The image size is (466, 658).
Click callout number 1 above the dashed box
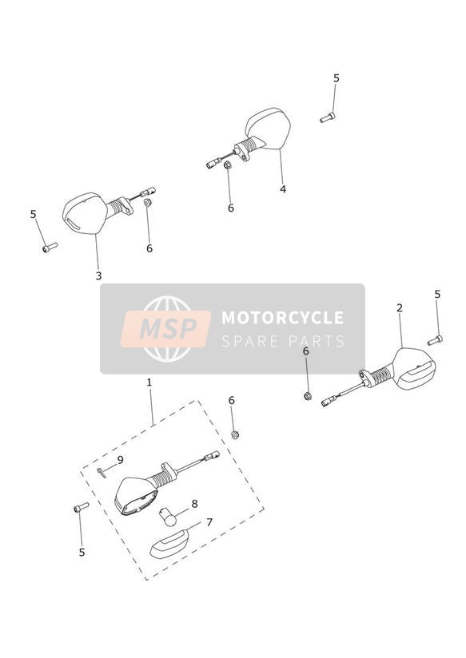pyautogui.click(x=149, y=383)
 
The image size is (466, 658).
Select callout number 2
pyautogui.click(x=400, y=308)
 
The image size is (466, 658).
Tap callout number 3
pyautogui.click(x=98, y=275)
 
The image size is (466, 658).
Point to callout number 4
pyautogui.click(x=283, y=189)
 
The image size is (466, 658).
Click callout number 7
pyautogui.click(x=209, y=522)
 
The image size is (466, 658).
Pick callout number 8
pyautogui.click(x=194, y=504)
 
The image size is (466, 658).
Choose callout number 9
pyautogui.click(x=120, y=460)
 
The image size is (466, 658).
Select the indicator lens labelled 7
pyautogui.click(x=169, y=544)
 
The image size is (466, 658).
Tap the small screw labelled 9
pyautogui.click(x=100, y=472)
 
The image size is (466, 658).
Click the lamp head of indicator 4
pyautogui.click(x=269, y=128)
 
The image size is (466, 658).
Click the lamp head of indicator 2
pyautogui.click(x=414, y=370)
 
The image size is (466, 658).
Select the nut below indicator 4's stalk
pyautogui.click(x=228, y=165)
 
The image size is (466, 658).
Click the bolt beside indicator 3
pyautogui.click(x=50, y=248)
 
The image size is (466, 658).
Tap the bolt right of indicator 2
pyautogui.click(x=435, y=340)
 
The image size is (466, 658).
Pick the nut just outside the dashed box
pyautogui.click(x=235, y=434)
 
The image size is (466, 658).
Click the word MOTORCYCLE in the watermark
pyautogui.click(x=282, y=318)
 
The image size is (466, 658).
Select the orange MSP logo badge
pyautogui.click(x=165, y=328)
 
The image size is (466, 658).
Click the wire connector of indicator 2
pyautogui.click(x=329, y=402)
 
